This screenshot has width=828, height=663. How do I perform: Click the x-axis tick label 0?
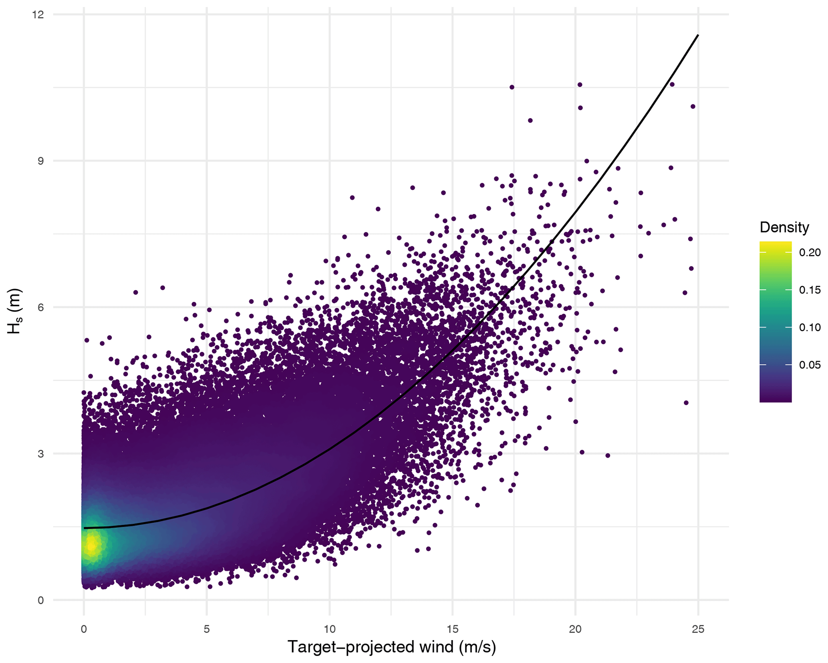coord(84,629)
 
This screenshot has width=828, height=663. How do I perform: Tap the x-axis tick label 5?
coord(207,629)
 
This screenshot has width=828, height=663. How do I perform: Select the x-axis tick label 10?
coord(329,629)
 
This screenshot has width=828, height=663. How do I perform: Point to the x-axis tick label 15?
coord(452,629)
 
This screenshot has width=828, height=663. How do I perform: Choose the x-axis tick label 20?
coord(575,629)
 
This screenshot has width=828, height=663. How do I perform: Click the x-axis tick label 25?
coord(698,629)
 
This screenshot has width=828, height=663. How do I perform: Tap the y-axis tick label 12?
coord(38,15)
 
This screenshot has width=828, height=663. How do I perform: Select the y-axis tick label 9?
coord(40,161)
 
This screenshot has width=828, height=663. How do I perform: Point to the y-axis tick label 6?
coord(40,307)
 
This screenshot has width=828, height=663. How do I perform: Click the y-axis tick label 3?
coord(40,454)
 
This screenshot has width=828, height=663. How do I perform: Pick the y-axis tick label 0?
coord(40,600)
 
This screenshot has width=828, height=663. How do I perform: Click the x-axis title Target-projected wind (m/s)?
coord(391,647)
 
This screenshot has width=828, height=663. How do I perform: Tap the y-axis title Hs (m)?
coord(15,311)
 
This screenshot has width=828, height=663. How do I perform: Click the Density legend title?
coord(784,227)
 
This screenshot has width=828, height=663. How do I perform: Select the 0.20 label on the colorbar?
coord(810,253)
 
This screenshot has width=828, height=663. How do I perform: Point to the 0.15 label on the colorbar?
coord(810,290)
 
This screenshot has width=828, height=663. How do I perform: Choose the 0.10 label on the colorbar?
coord(810,327)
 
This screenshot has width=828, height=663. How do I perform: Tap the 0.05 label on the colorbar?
coord(810,365)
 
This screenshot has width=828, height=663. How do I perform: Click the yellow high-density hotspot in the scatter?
coord(92,546)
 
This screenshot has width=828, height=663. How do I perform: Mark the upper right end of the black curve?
coord(698,35)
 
